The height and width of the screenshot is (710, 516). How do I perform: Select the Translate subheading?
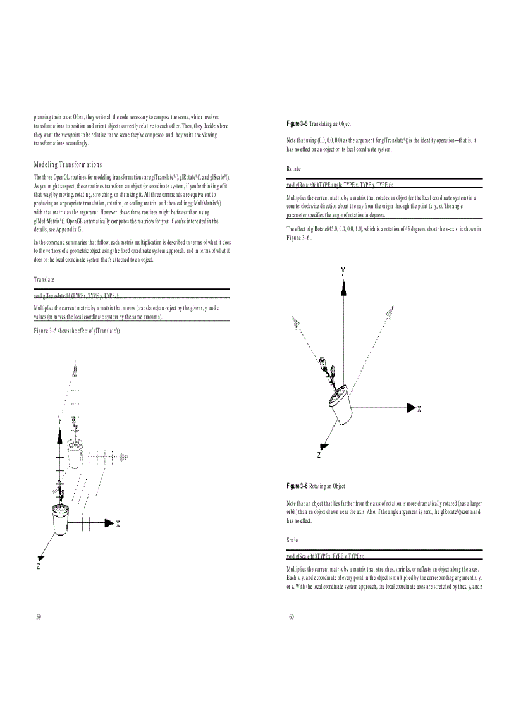tap(44, 279)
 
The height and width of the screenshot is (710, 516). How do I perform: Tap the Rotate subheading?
tap(293, 169)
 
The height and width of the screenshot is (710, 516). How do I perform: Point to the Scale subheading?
tap(293, 541)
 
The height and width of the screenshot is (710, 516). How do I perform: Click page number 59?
tap(39, 617)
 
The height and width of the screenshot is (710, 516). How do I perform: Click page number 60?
tap(292, 617)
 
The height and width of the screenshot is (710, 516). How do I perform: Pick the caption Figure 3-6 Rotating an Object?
tap(316, 486)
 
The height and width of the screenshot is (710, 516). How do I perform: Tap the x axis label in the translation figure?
tap(118, 523)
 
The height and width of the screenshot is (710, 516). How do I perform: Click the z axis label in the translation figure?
tap(39, 567)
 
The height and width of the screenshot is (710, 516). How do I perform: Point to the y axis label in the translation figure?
tap(59, 419)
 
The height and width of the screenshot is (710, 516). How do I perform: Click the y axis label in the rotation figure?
tap(343, 270)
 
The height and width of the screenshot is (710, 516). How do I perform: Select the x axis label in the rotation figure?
tap(419, 408)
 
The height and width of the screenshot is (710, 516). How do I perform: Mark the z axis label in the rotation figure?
tap(319, 455)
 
